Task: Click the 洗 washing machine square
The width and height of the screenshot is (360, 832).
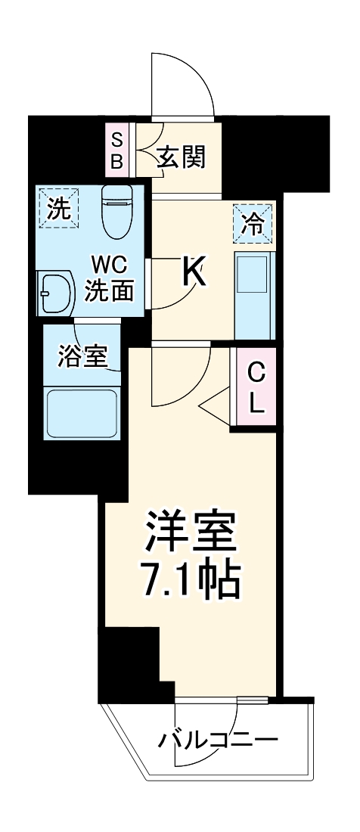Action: pyautogui.click(x=58, y=209)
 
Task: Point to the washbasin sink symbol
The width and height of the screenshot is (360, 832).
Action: pyautogui.click(x=57, y=292)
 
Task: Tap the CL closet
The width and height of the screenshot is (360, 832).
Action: pyautogui.click(x=256, y=387)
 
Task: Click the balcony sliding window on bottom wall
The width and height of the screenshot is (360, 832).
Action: pyautogui.click(x=221, y=699)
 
